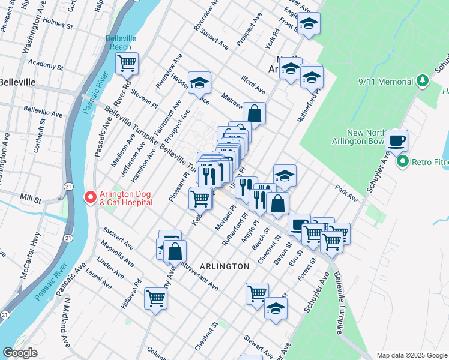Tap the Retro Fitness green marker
[x=402, y=161]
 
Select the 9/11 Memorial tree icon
[x=423, y=80]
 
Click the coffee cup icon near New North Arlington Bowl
[x=396, y=141]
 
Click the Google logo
[x=20, y=353]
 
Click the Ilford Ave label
[x=253, y=85]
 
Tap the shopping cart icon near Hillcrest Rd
[x=156, y=298]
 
